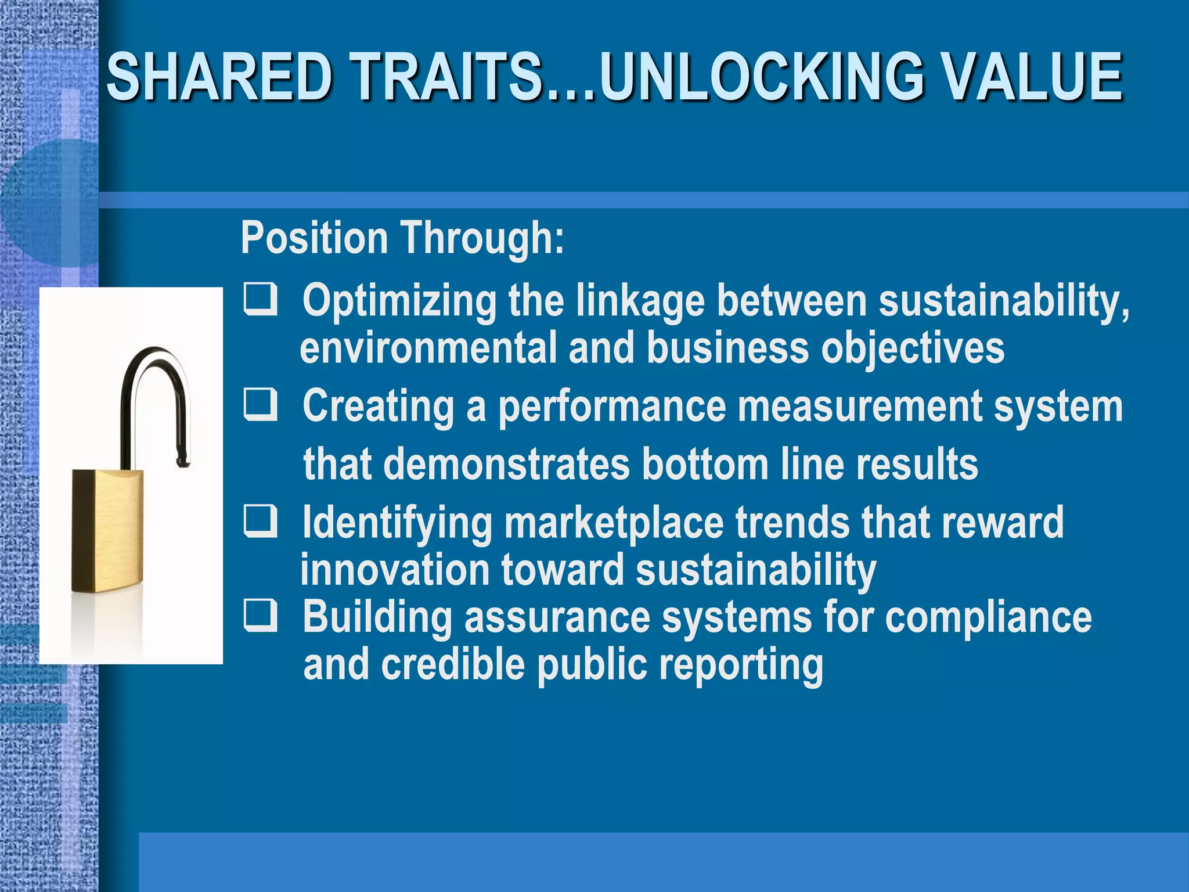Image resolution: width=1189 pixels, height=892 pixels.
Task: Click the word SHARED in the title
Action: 220,77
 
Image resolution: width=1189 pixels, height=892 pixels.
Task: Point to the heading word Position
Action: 314,238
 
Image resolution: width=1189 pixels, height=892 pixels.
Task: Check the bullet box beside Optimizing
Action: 260,300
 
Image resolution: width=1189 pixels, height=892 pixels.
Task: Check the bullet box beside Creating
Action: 260,405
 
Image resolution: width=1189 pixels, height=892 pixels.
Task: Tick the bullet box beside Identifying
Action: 260,521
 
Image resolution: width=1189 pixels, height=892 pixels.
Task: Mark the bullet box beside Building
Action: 260,616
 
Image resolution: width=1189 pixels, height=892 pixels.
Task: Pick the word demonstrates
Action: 507,465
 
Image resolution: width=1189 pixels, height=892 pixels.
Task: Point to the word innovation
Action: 394,570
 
